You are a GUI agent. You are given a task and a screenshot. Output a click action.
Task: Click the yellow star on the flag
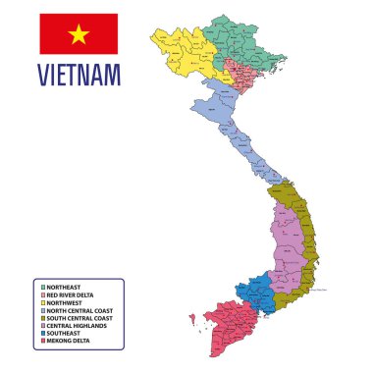point(79,34)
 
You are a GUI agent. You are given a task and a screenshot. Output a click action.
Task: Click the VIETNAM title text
point(79,74)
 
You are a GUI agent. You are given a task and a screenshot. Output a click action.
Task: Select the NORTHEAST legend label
point(66,287)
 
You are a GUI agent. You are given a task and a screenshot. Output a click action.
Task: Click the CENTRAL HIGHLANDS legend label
point(78,326)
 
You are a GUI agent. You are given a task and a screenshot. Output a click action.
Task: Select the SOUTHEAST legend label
point(66,334)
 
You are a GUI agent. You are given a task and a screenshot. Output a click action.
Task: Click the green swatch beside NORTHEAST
point(43,287)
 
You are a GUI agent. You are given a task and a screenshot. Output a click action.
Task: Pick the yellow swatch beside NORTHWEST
point(43,302)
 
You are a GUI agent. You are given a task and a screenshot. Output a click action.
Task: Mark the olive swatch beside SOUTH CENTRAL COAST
point(43,318)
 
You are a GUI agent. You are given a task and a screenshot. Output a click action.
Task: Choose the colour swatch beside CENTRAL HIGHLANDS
point(43,326)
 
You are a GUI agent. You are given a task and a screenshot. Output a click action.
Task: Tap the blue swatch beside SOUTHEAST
point(43,334)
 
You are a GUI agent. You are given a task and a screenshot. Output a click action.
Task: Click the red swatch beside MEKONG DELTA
point(43,342)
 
